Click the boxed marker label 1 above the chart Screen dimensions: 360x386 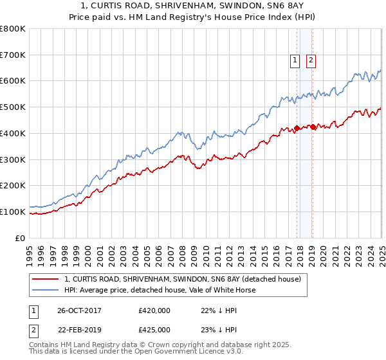pyautogui.click(x=295, y=60)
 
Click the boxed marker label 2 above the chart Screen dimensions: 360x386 pyautogui.click(x=311, y=60)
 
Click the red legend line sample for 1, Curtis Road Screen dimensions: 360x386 pyautogui.click(x=46, y=279)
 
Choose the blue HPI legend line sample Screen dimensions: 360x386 pyautogui.click(x=46, y=290)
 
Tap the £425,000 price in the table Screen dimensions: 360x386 pyautogui.click(x=154, y=330)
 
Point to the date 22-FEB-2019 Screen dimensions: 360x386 pyautogui.click(x=79, y=330)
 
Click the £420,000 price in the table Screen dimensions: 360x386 pyautogui.click(x=154, y=310)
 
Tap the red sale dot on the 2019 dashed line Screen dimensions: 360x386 pyautogui.click(x=313, y=127)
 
